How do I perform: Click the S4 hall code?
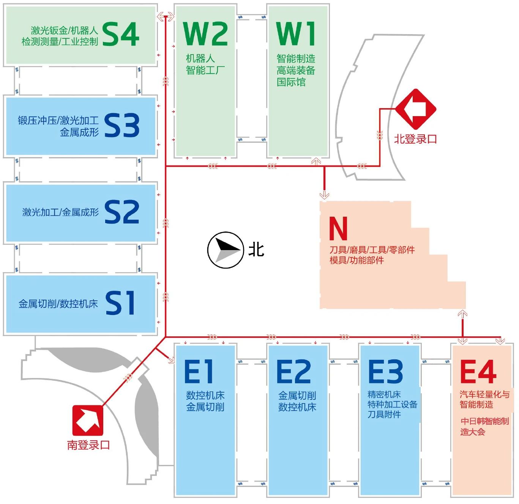tap(121, 34)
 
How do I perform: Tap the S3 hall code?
tap(121, 125)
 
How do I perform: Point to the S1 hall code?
tap(120, 303)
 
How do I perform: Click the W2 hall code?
tap(205, 34)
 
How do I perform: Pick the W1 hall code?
tap(296, 34)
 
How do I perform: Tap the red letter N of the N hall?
tap(338, 228)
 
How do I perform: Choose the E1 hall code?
tap(199, 372)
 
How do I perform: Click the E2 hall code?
tap(293, 372)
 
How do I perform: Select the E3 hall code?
tap(385, 372)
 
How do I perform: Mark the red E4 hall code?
tap(478, 372)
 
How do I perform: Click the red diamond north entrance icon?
tap(416, 109)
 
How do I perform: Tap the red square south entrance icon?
tap(88, 421)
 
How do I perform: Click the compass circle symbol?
tap(226, 250)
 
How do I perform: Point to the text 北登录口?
tap(415, 139)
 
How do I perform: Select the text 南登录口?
tap(88, 445)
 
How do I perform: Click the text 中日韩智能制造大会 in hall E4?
tap(484, 426)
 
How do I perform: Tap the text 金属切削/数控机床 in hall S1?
tap(58, 304)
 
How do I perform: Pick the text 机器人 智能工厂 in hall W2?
tap(205, 65)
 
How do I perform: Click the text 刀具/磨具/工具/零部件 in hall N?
tap(372, 250)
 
